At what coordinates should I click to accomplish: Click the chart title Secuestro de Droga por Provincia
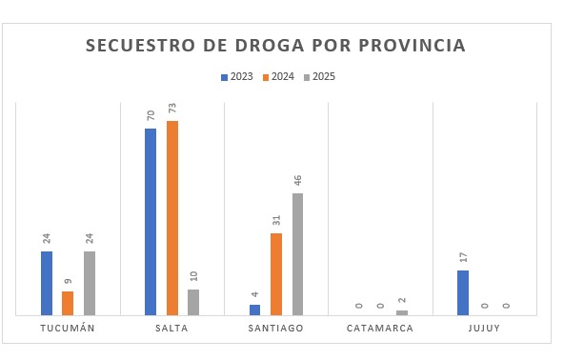click(276, 46)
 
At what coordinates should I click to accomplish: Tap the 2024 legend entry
click(277, 77)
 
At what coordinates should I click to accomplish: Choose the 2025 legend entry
click(318, 77)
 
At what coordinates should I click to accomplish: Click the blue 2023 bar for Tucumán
click(47, 283)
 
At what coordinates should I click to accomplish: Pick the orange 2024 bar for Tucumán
click(68, 303)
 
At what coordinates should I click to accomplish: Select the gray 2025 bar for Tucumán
click(90, 283)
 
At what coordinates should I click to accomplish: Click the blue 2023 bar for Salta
click(151, 221)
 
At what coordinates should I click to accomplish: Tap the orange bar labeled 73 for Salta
click(172, 217)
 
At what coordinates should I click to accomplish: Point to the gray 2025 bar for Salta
click(193, 302)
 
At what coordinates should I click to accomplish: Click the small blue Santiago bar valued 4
click(254, 310)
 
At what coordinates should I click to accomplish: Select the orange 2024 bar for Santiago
click(276, 273)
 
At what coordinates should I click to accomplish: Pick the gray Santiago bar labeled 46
click(298, 253)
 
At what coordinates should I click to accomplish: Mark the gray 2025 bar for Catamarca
click(402, 312)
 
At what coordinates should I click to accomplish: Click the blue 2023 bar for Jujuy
click(463, 292)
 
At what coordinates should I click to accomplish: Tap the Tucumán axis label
click(68, 329)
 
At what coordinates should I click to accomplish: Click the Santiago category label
click(276, 329)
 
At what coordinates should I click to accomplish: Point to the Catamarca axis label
click(380, 329)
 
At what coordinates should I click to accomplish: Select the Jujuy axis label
click(485, 329)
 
